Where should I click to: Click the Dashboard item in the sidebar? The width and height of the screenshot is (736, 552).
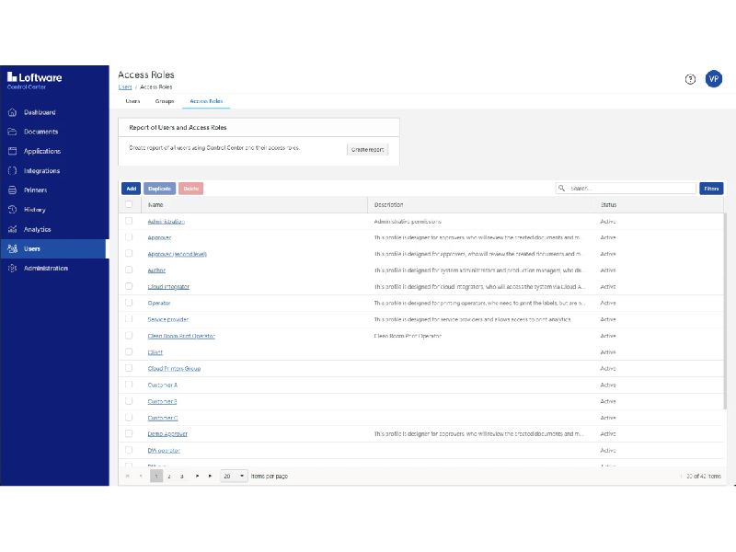point(40,112)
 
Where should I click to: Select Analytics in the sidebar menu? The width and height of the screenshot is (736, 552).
point(37,229)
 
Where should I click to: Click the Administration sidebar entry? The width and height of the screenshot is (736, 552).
point(45,269)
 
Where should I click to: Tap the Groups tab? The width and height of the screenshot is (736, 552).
point(165,101)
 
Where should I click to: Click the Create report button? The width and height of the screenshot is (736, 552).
point(367,149)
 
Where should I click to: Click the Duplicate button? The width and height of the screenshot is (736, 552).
point(159,189)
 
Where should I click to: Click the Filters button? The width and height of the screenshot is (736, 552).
point(711,189)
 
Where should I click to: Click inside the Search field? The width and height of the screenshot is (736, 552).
point(630,189)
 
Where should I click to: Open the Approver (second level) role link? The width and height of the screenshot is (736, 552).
point(178,254)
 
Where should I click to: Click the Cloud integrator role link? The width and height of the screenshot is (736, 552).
point(168,287)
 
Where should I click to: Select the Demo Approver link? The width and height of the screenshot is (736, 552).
point(167,434)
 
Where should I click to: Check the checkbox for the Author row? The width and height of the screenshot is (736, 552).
point(129,270)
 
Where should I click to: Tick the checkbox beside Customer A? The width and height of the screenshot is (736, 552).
point(129,385)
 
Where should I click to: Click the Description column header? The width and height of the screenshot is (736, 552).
point(389,204)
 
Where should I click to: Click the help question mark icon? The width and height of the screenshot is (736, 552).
point(690,79)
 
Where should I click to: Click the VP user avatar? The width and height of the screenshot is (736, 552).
point(714,79)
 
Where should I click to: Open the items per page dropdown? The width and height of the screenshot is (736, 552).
point(235,476)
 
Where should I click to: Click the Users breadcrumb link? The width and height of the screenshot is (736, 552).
point(124,86)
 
